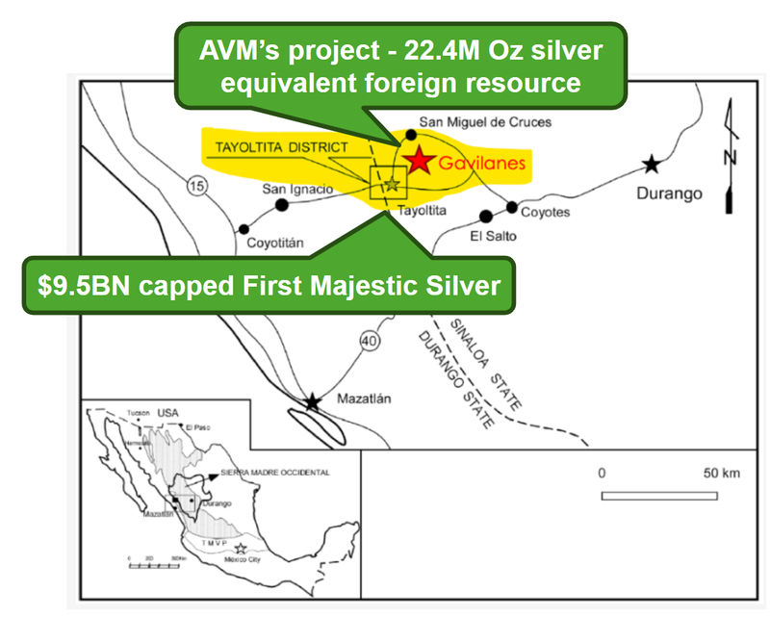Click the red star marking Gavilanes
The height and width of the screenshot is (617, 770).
419,161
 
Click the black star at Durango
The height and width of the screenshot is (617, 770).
653,164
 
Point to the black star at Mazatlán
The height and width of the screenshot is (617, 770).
313,402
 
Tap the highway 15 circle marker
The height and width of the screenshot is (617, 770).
197,188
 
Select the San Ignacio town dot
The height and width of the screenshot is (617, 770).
282,205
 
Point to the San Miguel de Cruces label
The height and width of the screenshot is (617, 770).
472,123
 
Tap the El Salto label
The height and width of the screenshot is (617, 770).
492,235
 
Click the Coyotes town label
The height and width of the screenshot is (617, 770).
545,212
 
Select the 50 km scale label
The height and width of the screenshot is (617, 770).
720,473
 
